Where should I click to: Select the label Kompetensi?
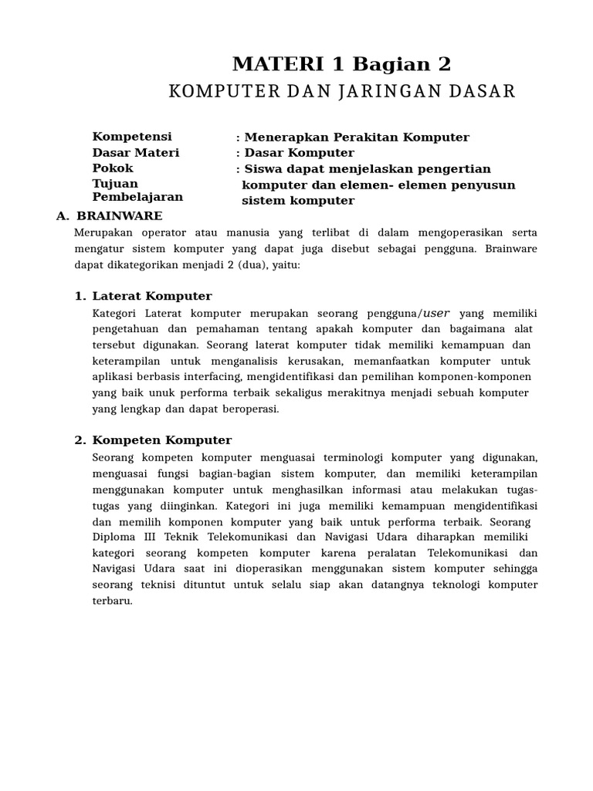point(132,137)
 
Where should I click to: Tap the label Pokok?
point(113,168)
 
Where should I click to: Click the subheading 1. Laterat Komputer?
point(143,296)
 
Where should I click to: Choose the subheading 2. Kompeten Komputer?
point(153,440)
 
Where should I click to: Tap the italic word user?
point(436,313)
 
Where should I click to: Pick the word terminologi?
point(344,457)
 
